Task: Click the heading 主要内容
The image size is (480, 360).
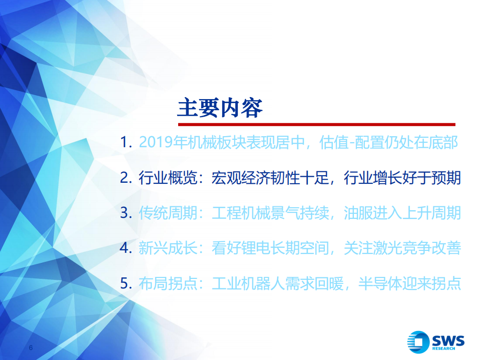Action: click(220, 108)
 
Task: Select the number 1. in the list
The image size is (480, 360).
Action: click(126, 142)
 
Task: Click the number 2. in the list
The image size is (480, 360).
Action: click(126, 178)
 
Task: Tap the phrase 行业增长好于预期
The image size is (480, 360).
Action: click(402, 178)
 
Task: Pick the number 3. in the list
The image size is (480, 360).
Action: click(126, 213)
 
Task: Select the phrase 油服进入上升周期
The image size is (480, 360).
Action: click(402, 213)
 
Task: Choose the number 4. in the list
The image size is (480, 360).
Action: click(126, 248)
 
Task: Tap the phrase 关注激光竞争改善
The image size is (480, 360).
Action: click(402, 248)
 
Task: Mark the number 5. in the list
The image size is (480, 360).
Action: click(126, 283)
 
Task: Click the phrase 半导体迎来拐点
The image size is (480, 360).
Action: click(409, 283)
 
